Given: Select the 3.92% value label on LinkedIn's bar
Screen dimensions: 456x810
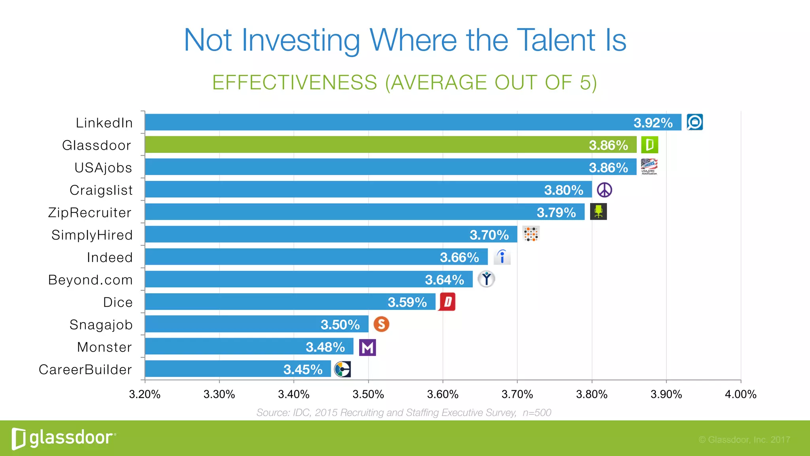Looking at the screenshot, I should click(653, 123).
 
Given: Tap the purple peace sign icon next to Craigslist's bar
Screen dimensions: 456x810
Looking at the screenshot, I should click(604, 190).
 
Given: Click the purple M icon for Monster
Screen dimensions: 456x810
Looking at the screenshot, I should click(367, 348).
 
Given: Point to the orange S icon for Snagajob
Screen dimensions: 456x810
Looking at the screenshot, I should click(381, 325).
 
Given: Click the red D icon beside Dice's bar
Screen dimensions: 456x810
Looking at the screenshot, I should click(447, 302).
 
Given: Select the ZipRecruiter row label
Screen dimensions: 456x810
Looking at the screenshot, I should click(90, 213).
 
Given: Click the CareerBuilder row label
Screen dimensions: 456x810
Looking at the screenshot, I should click(85, 370).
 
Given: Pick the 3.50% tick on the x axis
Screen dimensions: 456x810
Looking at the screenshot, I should click(368, 394).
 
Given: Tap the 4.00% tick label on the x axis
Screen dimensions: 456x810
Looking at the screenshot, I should click(740, 394).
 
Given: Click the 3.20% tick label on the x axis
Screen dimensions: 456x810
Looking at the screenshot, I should click(145, 394).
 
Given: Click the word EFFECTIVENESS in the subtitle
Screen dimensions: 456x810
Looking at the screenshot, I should click(294, 83).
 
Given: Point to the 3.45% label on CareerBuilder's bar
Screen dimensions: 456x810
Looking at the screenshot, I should click(303, 370).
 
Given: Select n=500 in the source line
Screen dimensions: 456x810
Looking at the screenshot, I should click(537, 413).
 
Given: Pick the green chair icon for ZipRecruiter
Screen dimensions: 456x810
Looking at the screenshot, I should click(598, 212).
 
